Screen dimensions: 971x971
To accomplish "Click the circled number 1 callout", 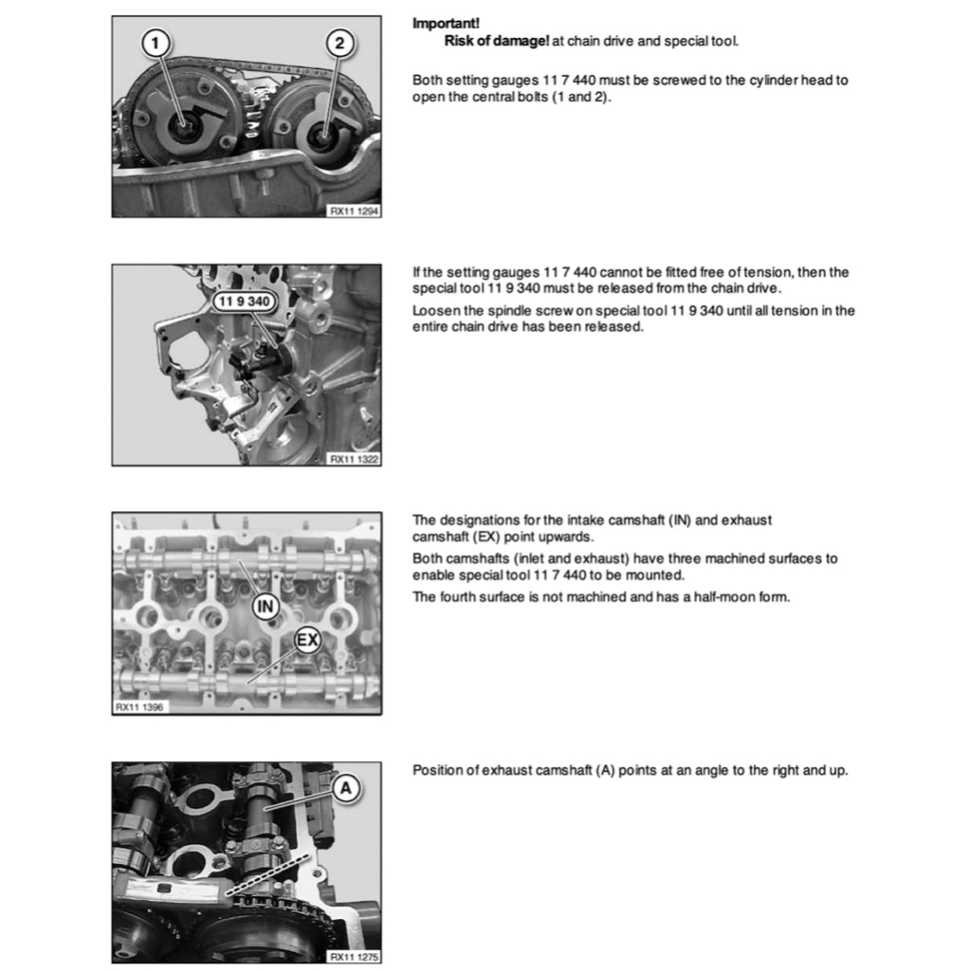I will (156, 42).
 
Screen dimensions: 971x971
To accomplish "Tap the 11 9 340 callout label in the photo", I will (243, 302).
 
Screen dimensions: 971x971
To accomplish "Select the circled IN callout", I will (266, 603).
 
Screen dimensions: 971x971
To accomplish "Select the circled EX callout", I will (307, 640).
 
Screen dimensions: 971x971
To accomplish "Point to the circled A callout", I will (346, 787).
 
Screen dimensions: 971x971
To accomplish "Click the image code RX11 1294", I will (355, 211).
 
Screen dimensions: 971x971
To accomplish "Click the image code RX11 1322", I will (355, 459).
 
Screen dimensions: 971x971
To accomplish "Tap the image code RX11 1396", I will (139, 707).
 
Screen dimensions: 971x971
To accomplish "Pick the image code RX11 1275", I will (355, 957).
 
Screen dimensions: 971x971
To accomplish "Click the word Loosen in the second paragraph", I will (434, 310).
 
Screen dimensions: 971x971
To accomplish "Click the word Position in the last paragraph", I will (436, 770).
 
